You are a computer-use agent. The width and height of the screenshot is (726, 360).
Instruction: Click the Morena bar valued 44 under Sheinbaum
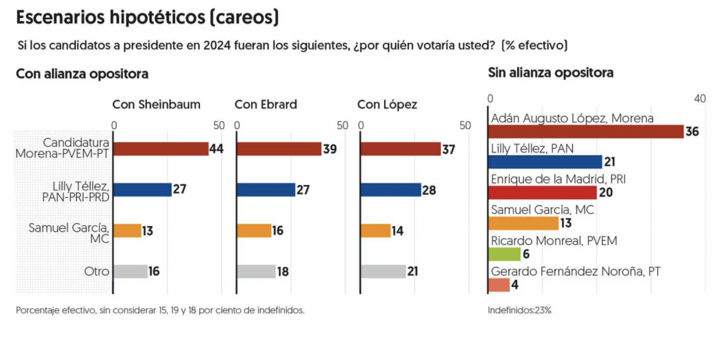coord(161,149)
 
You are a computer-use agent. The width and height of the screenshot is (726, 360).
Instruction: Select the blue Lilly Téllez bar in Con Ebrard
coord(266,190)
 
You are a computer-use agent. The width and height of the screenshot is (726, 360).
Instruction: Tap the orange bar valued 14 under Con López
coord(376,230)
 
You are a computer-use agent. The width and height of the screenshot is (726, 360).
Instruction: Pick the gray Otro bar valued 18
coord(256,271)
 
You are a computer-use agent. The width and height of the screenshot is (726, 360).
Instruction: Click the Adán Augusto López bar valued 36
coord(586,131)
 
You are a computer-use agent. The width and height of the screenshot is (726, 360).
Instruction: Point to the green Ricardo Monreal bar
coord(505,254)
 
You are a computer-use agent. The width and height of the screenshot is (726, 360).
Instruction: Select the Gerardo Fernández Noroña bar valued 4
coord(499,285)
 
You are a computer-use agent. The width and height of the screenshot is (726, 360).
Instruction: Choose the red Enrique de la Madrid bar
coord(542,193)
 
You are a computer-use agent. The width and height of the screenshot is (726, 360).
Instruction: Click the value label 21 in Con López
coord(413,272)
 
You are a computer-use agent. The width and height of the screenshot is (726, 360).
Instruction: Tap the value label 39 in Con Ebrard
coord(329,149)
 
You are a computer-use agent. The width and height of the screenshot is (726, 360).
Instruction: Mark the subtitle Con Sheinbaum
coord(157,105)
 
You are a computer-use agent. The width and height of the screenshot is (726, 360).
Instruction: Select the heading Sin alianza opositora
coord(551,73)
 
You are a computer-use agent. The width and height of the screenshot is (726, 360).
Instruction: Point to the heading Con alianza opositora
coord(82,74)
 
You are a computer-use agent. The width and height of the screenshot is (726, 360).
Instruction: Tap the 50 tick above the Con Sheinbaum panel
coord(219,125)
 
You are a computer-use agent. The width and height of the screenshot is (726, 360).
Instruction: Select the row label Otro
coord(96,271)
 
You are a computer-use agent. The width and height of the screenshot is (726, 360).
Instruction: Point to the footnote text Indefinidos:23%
coord(520,310)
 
